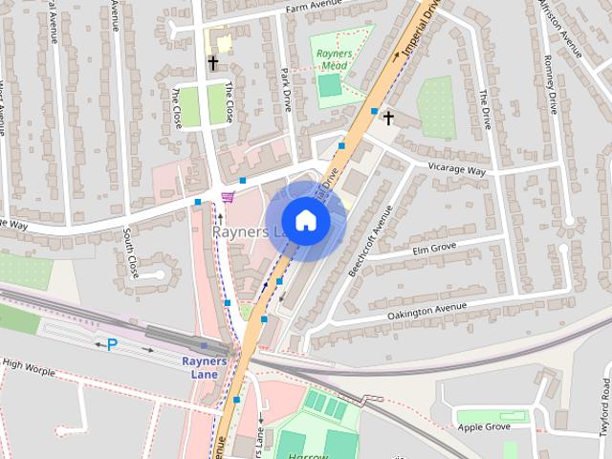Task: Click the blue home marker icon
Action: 305,221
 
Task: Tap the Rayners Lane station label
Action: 205,367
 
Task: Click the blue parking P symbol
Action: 112,344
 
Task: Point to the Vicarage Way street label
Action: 457,170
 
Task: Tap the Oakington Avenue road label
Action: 426,310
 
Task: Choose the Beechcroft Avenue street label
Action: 370,242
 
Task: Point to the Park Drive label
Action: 285,89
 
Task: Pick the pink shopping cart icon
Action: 228,197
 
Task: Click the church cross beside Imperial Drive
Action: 388,119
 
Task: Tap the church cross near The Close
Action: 212,64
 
